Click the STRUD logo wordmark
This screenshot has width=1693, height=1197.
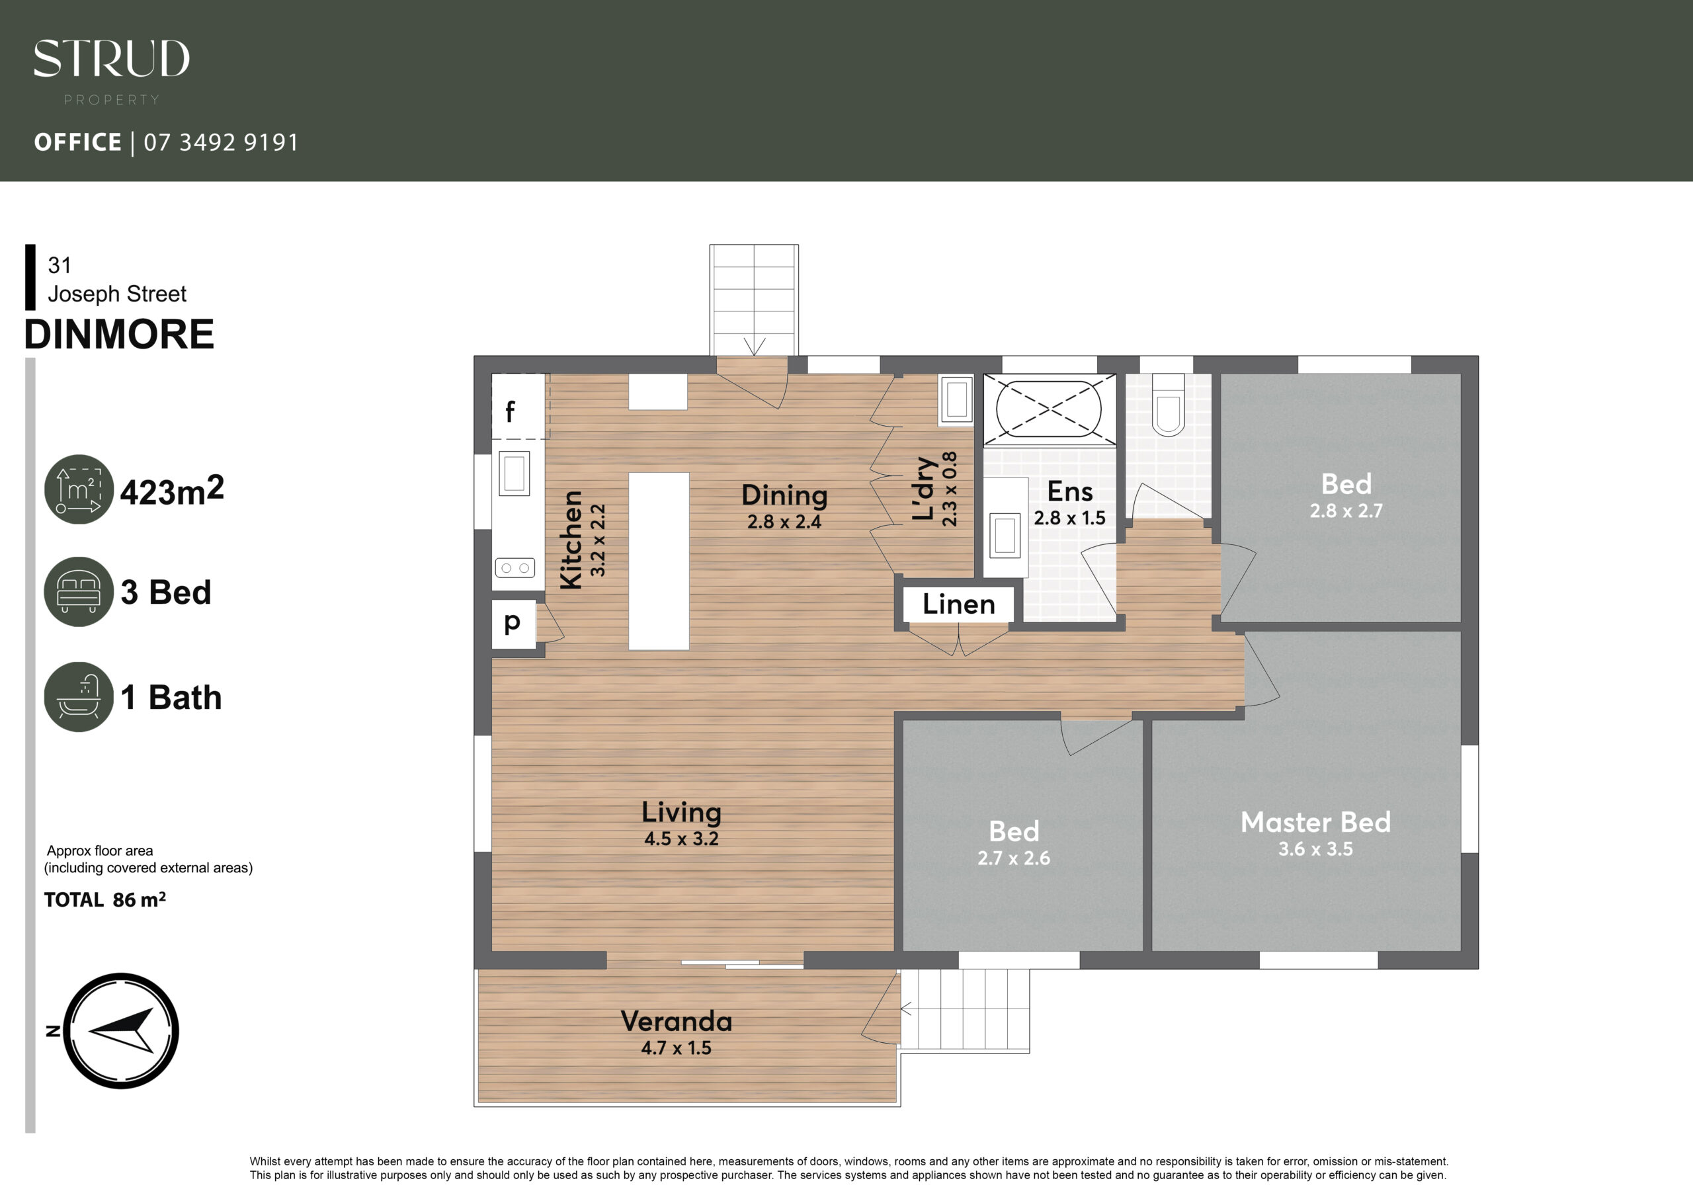tap(111, 59)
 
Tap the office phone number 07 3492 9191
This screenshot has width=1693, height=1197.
tap(221, 142)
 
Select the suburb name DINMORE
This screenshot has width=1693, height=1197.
tap(120, 334)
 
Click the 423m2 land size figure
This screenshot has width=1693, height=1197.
tap(172, 491)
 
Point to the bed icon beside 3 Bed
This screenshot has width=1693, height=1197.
tap(79, 591)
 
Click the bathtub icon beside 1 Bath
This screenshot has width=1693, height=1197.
tap(79, 697)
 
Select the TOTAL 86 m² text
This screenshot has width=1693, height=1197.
tap(104, 900)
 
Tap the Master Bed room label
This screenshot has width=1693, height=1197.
tap(1315, 822)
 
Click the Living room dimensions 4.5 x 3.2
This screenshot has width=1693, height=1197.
tap(681, 839)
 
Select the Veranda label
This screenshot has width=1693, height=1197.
tap(676, 1022)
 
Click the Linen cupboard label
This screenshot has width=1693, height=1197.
tap(958, 604)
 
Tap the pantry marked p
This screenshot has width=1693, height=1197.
tap(514, 624)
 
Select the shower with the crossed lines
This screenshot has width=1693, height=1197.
tap(1049, 409)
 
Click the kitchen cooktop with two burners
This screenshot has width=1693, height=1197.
tap(515, 568)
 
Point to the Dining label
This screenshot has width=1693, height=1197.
tap(784, 495)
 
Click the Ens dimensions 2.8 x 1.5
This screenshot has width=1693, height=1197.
tap(1069, 518)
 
